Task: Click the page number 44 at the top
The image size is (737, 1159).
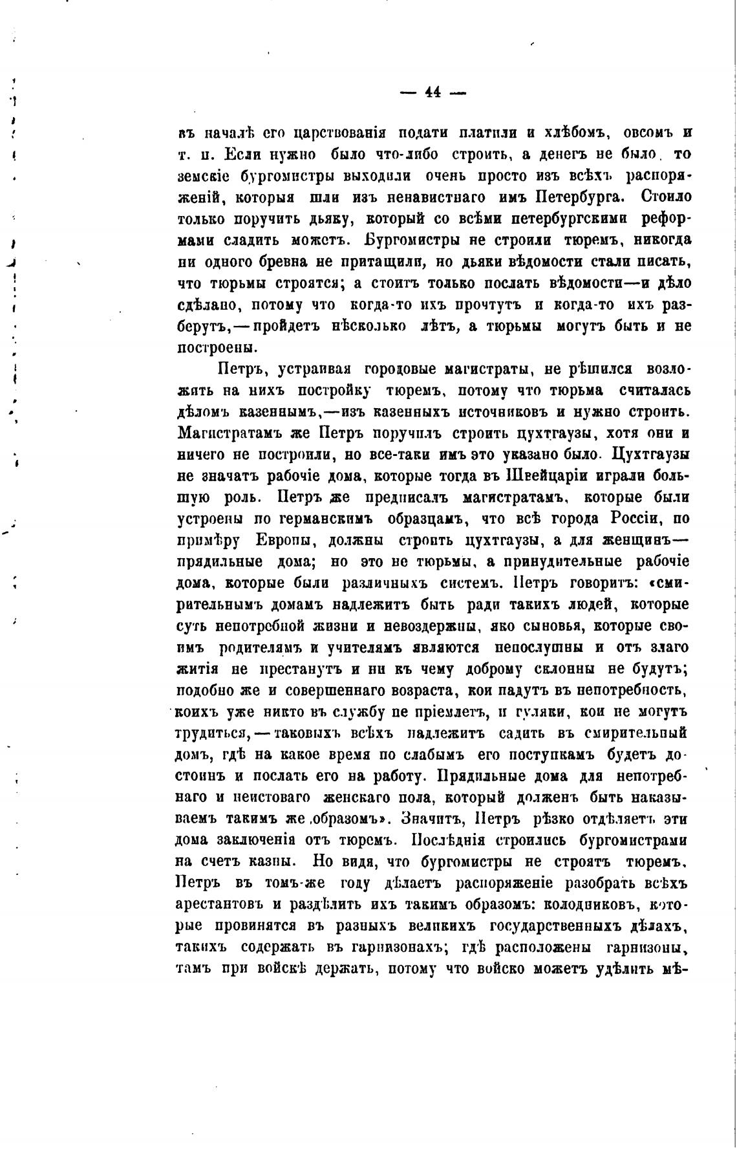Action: (433, 92)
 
